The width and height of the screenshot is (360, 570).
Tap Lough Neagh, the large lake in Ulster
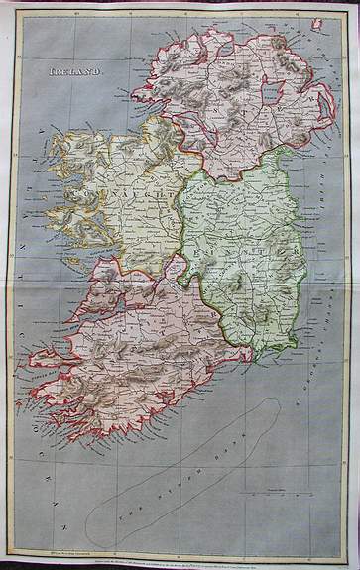[x=274, y=94]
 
